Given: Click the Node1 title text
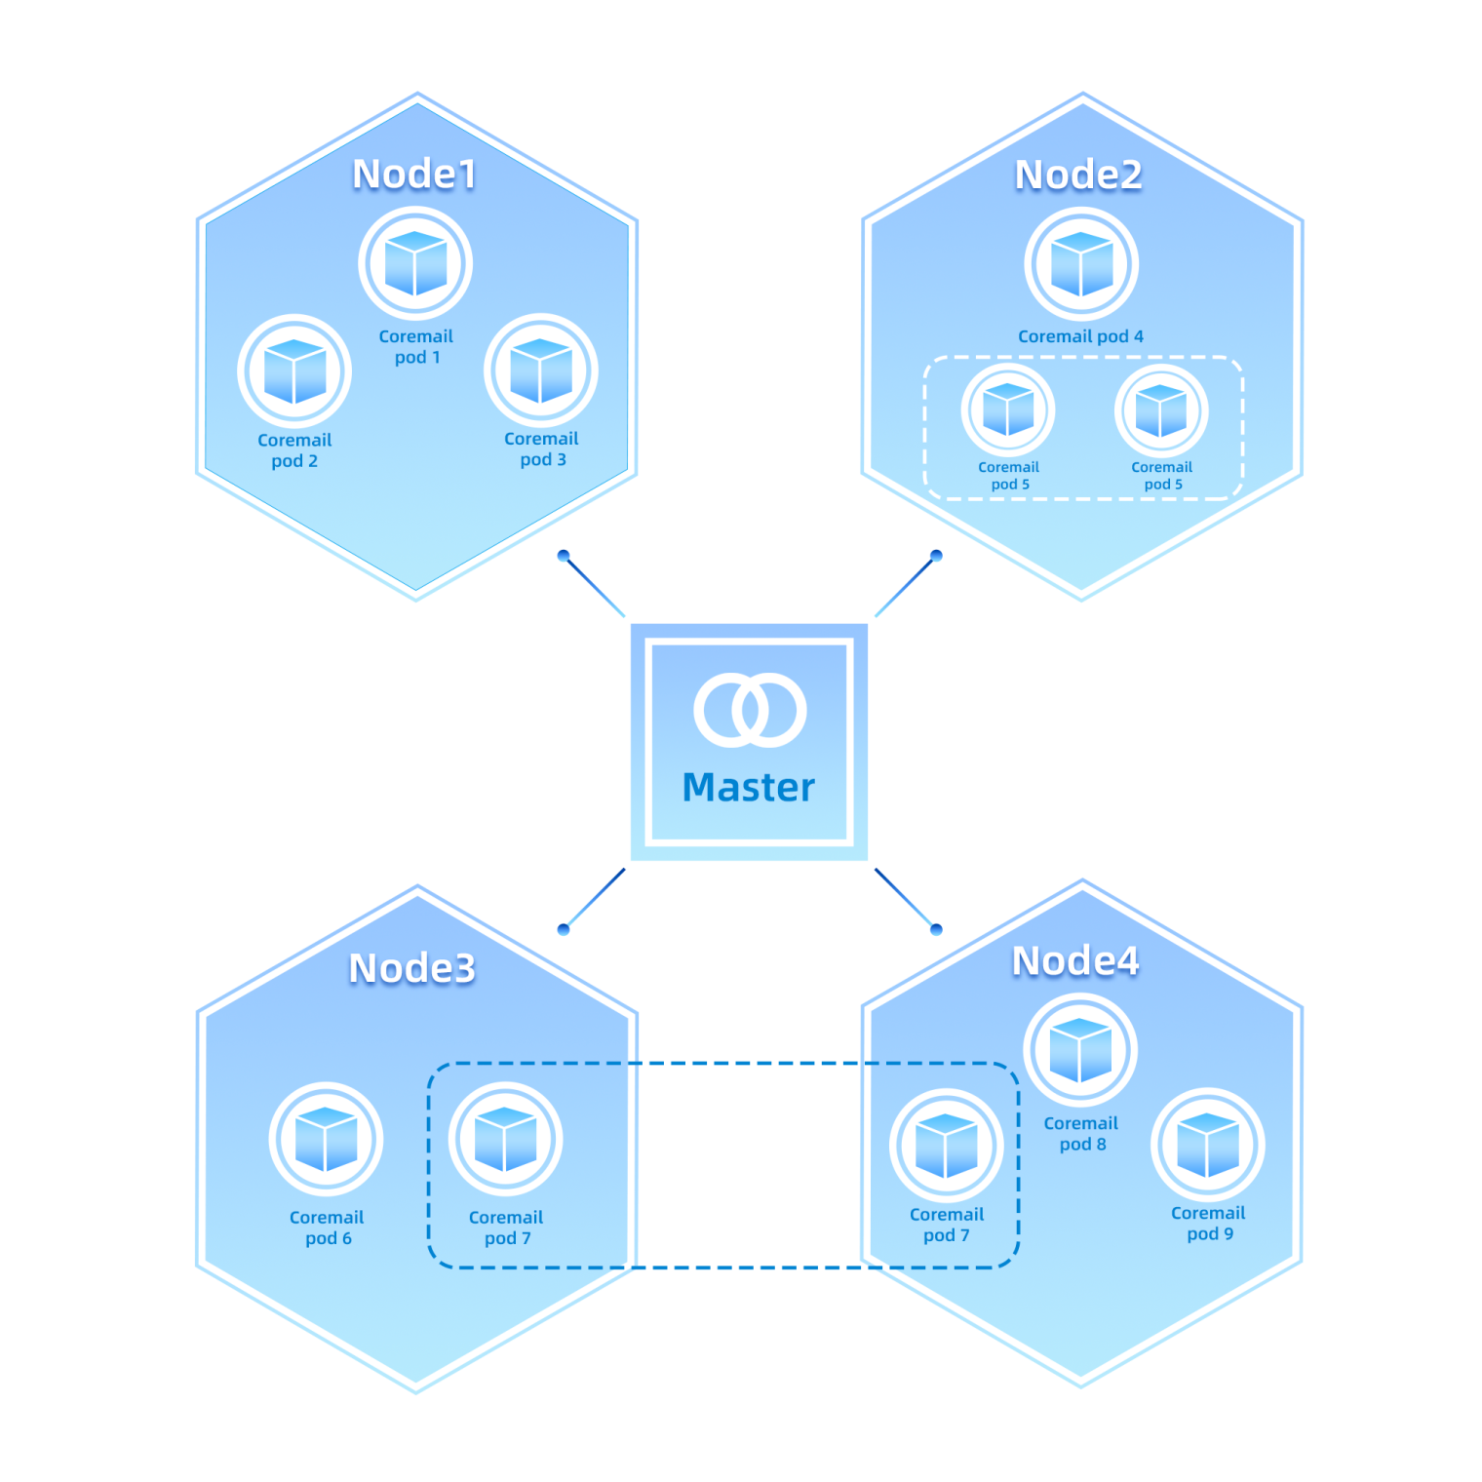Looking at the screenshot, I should (414, 175).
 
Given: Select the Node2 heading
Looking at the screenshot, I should (1078, 175).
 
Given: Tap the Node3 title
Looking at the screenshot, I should (412, 968).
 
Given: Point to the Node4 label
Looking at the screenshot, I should (1075, 961).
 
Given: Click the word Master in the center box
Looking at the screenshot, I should (749, 787).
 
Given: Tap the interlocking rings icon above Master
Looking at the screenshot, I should (750, 710).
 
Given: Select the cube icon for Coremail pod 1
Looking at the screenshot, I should (415, 263).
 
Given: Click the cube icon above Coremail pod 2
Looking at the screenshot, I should (294, 371).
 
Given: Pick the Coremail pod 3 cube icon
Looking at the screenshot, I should (541, 370).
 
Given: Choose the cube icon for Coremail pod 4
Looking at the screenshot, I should (1081, 263).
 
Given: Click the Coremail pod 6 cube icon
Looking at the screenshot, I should (326, 1139).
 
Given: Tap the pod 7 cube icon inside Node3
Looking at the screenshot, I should (505, 1139).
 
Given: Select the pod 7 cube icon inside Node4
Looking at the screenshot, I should (947, 1145).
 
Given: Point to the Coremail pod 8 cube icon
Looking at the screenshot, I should (1080, 1050).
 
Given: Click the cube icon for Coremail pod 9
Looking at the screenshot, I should (1208, 1145).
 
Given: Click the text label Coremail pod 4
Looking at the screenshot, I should (1080, 336).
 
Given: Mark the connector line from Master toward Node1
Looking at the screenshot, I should (595, 587).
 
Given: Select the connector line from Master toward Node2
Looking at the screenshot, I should (905, 587).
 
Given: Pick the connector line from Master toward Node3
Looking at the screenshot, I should (595, 899).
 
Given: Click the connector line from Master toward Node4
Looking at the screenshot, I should (905, 898).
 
